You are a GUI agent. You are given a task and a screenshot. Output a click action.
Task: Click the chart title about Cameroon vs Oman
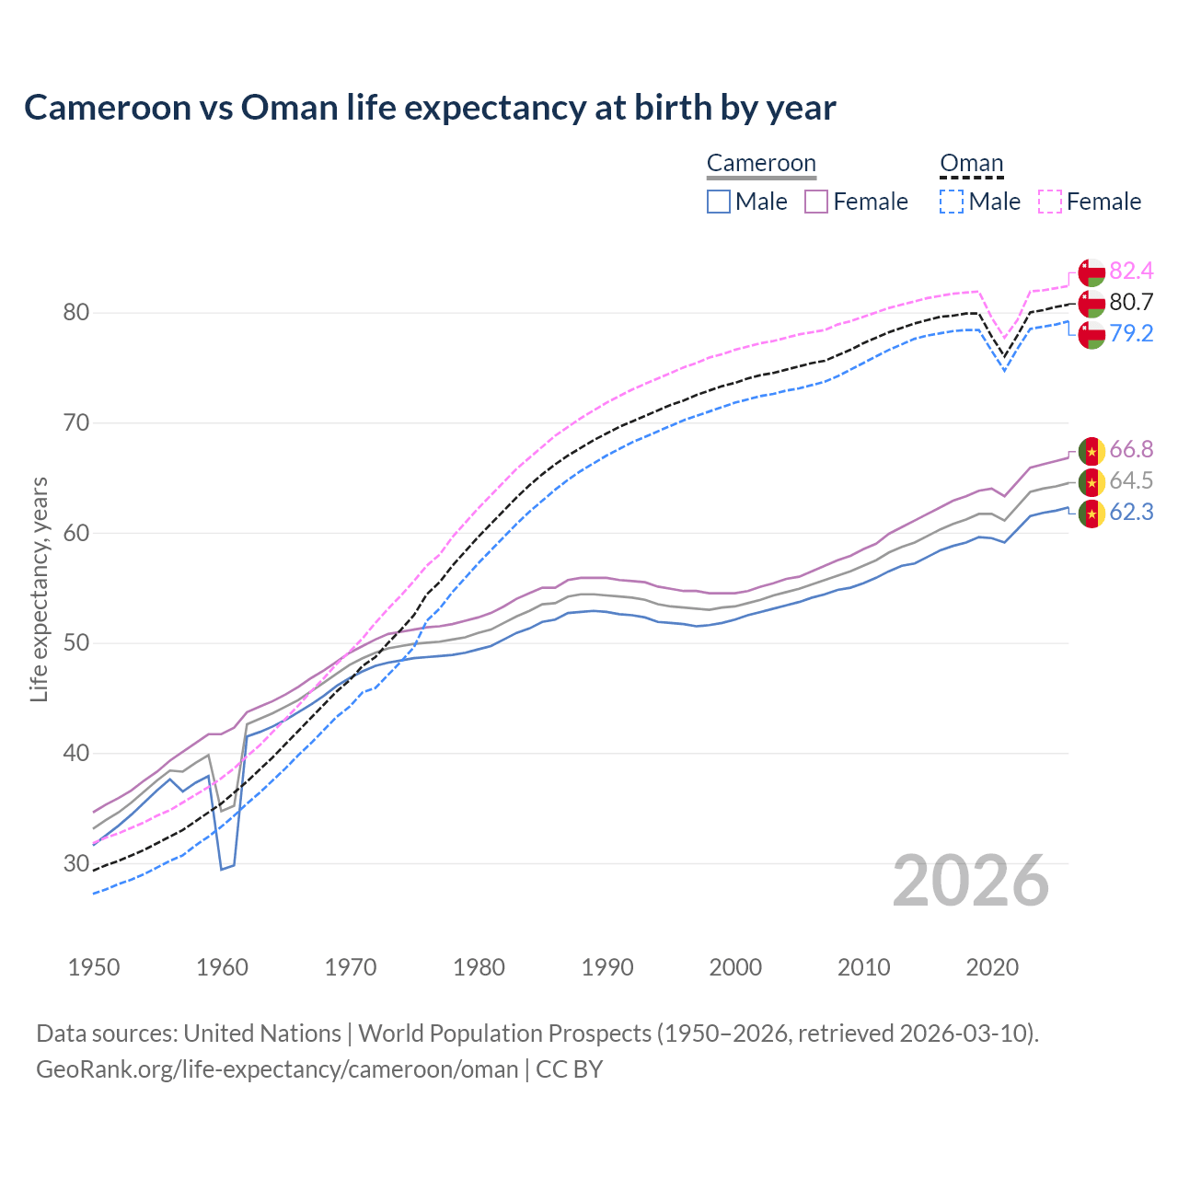(430, 108)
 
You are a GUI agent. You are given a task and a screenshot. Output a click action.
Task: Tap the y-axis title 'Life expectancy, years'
(39, 589)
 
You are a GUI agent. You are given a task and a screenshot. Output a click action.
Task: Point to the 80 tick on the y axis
(75, 313)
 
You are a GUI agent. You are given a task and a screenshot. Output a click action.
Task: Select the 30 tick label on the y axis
(75, 864)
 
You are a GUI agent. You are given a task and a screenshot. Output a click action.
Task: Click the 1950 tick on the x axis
(94, 967)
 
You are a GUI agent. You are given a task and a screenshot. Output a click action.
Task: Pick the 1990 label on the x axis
(607, 967)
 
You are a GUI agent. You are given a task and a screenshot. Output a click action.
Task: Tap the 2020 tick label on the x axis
(992, 967)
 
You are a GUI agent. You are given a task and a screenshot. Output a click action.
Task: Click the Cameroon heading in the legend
(761, 164)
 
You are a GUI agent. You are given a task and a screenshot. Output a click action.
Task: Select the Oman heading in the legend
(971, 164)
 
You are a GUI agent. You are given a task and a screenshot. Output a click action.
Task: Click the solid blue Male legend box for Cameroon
(719, 202)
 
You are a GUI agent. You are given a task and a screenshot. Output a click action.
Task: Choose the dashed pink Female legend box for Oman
(1050, 202)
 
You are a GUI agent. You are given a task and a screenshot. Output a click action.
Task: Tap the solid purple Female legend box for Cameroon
(816, 202)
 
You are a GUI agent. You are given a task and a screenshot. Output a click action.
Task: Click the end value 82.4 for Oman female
(1131, 271)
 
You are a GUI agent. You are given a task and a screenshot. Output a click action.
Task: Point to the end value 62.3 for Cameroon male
(1131, 512)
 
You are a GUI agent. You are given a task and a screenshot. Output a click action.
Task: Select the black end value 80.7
(1131, 302)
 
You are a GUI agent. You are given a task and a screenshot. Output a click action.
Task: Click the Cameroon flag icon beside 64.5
(1091, 481)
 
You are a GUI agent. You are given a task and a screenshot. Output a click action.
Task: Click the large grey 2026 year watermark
(971, 881)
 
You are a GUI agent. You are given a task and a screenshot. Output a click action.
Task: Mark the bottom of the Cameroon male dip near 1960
(222, 869)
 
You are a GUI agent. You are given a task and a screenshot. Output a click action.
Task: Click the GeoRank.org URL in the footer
(277, 1069)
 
